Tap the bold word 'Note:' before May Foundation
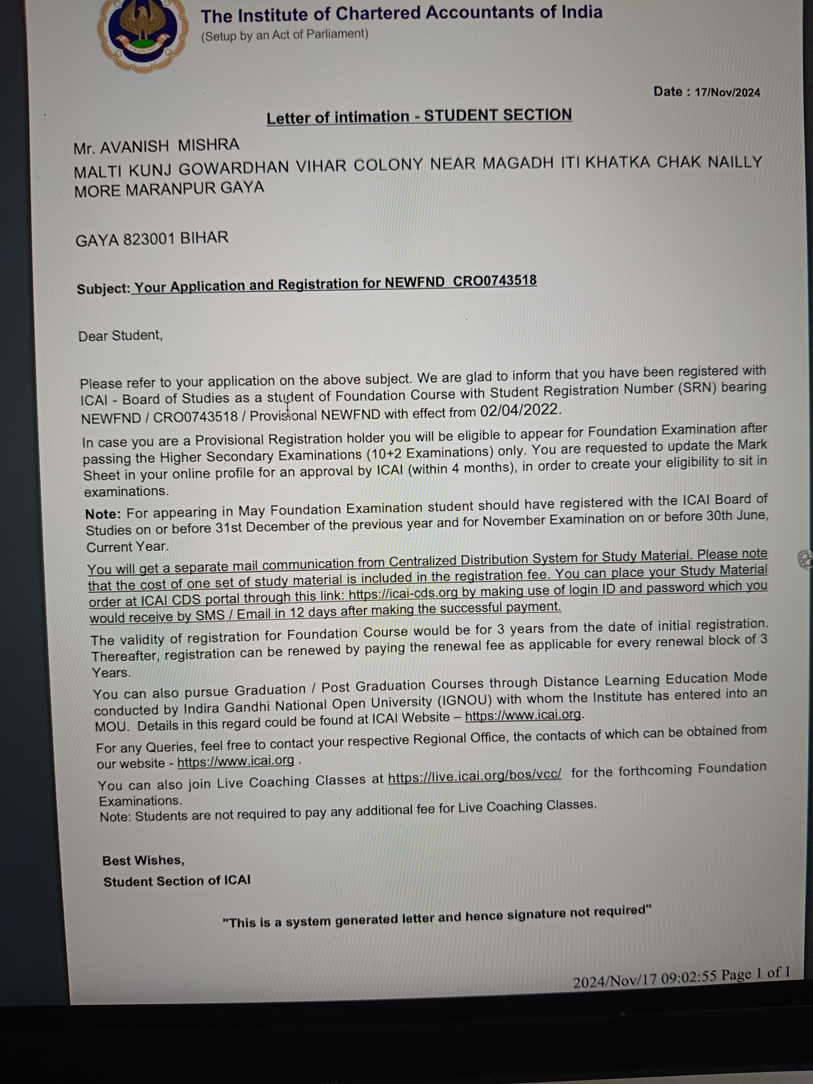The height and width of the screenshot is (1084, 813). click(x=103, y=514)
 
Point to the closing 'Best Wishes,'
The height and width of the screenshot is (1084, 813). click(x=143, y=861)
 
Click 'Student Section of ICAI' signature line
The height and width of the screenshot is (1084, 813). click(x=177, y=881)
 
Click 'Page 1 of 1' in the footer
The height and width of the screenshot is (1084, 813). click(x=755, y=973)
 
